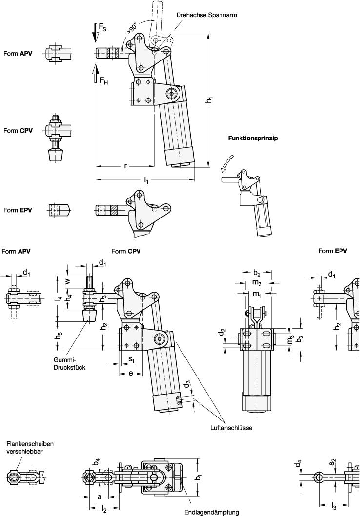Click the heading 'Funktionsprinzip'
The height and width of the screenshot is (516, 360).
[x=253, y=139]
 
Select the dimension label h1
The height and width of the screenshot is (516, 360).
[x=209, y=100]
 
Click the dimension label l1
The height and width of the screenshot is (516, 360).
[x=146, y=180]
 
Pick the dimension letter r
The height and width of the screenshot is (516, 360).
[x=125, y=166]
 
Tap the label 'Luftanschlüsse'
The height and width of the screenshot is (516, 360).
[x=223, y=427]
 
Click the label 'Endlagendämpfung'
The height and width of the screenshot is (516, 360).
[x=211, y=512]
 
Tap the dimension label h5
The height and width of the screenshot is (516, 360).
[x=59, y=336]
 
